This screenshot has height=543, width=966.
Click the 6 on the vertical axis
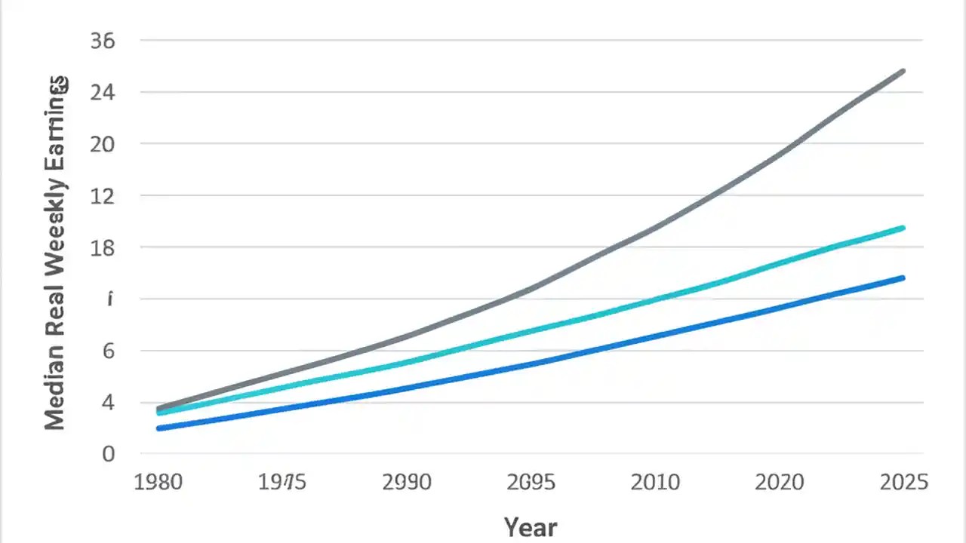108,351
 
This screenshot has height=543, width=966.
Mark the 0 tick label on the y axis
108,454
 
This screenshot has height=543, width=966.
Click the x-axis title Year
530,526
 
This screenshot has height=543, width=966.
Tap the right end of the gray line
903,71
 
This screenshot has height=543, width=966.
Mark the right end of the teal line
903,228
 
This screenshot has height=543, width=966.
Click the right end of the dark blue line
903,278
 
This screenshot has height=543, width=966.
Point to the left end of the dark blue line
158,428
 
